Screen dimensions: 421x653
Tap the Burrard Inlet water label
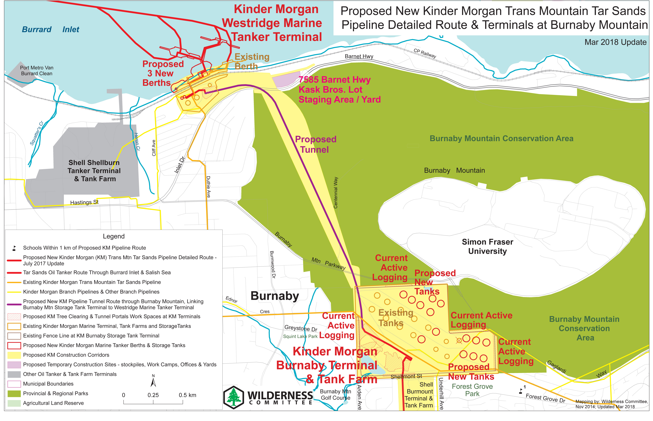pyautogui.click(x=51, y=30)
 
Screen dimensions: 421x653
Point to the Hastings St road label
pyautogui.click(x=84, y=202)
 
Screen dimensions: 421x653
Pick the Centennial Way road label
pyautogui.click(x=336, y=193)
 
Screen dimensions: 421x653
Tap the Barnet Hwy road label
pyautogui.click(x=359, y=56)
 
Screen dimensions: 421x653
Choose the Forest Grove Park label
pyautogui.click(x=472, y=390)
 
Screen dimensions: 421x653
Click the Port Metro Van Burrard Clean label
pyautogui.click(x=37, y=71)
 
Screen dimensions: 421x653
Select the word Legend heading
pyautogui.click(x=114, y=236)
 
